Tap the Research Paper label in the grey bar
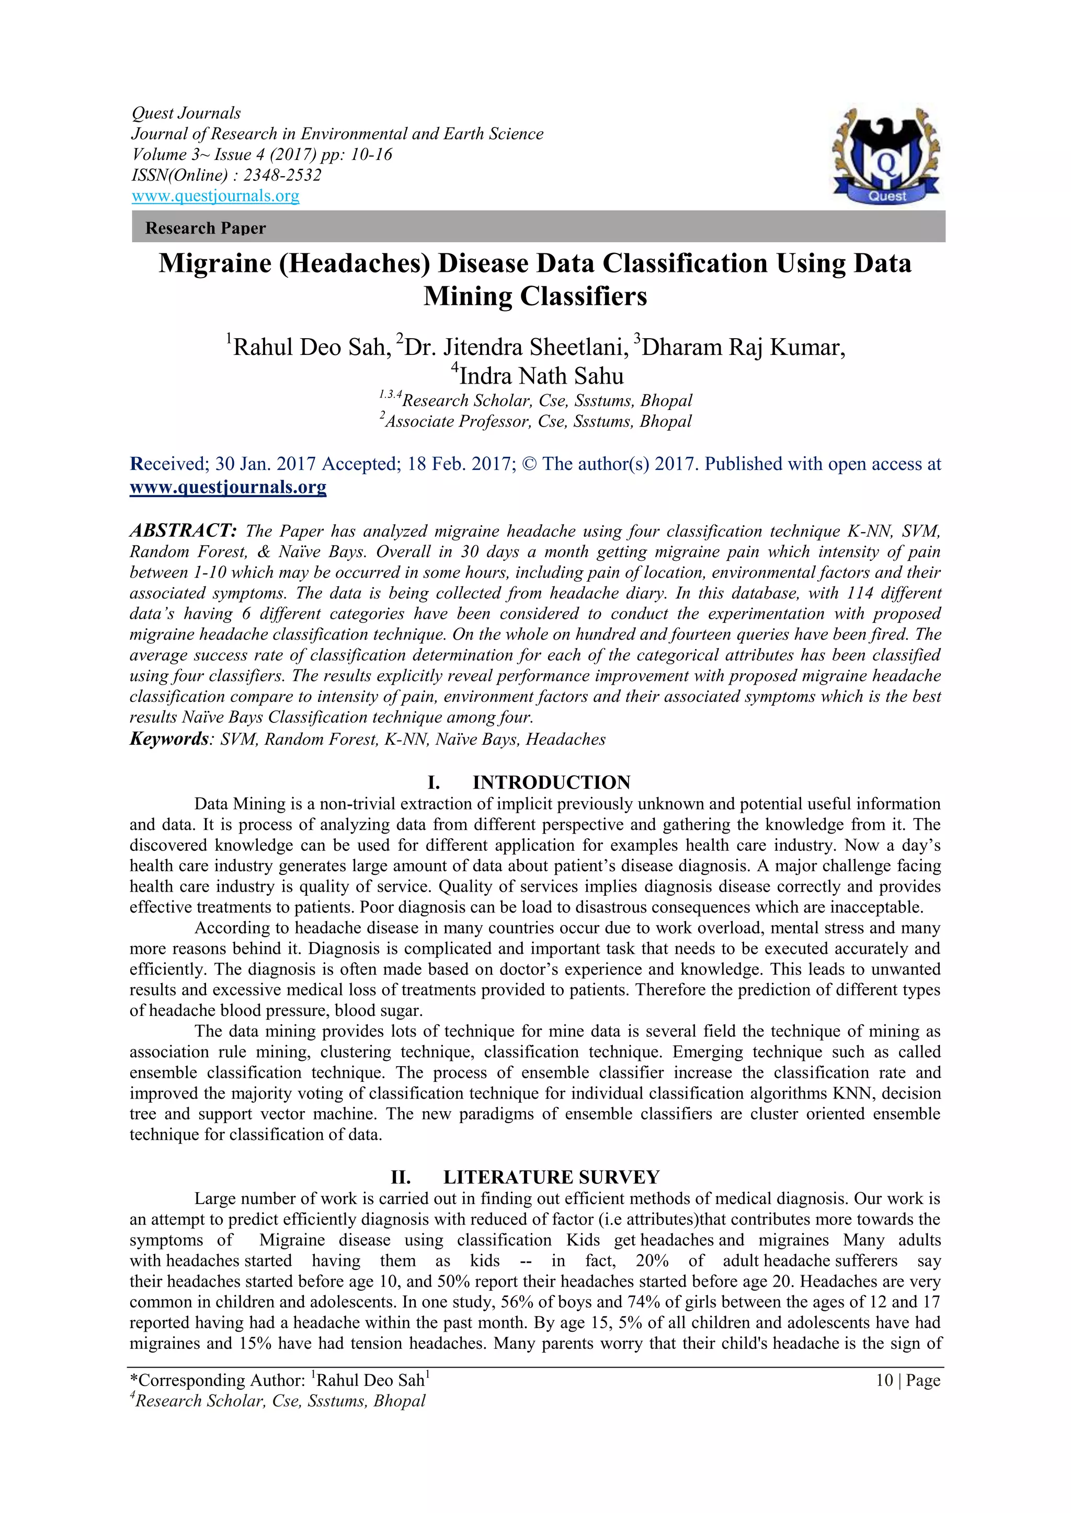click(x=205, y=228)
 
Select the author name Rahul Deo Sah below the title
click(x=310, y=347)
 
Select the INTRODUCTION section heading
click(x=551, y=782)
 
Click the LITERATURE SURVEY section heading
click(x=551, y=1177)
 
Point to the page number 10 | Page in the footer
click(x=907, y=1380)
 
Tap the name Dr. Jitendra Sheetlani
click(x=515, y=347)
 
